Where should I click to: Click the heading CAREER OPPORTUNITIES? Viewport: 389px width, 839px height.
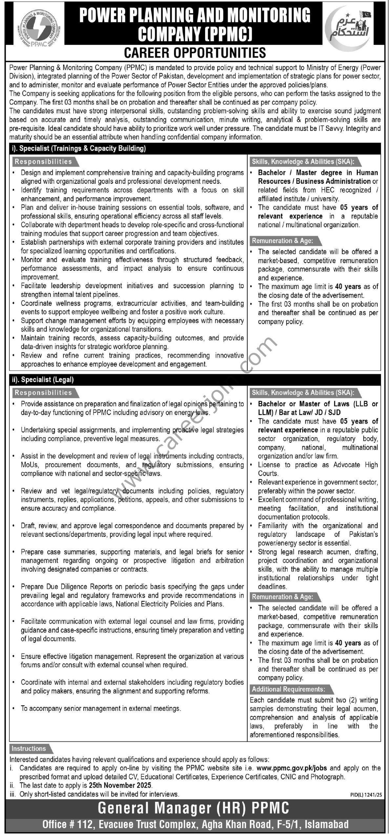coord(195,53)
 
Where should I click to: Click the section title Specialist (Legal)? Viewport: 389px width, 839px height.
coord(42,380)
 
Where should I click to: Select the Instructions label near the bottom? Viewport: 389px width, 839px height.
coord(29,749)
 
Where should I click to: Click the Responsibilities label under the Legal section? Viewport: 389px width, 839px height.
coord(43,392)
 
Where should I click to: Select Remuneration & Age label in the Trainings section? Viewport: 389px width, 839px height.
coord(282,241)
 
